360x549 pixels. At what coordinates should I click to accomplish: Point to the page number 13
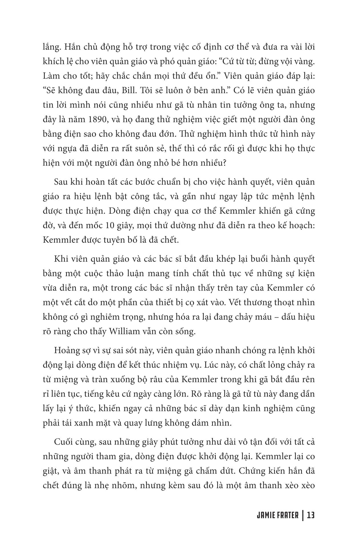[x=311, y=516]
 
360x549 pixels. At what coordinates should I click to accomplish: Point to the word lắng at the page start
[x=50, y=47]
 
